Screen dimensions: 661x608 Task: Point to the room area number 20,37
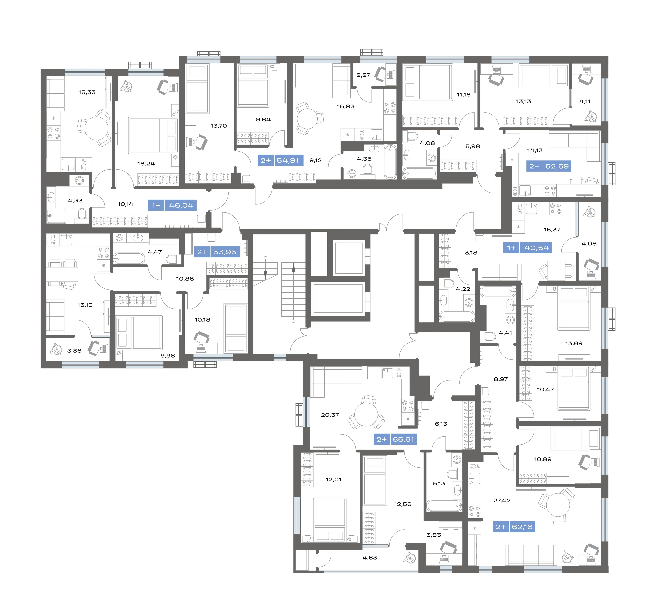(x=330, y=415)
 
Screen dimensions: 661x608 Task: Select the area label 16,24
(x=146, y=163)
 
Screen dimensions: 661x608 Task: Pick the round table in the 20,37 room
(x=366, y=415)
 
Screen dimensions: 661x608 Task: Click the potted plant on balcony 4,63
(x=410, y=557)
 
